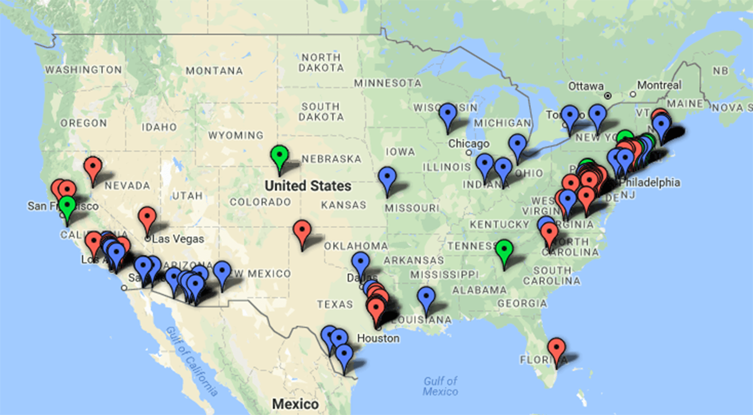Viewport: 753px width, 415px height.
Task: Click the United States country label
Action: pyautogui.click(x=308, y=186)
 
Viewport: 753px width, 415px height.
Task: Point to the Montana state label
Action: pyautogui.click(x=214, y=71)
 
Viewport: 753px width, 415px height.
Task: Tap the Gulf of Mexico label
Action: pyautogui.click(x=440, y=386)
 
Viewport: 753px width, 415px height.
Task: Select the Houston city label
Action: pyautogui.click(x=378, y=338)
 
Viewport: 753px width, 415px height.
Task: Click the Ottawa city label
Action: pyautogui.click(x=586, y=86)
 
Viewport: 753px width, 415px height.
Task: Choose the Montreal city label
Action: pyautogui.click(x=659, y=85)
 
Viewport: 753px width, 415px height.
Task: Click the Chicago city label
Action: pyautogui.click(x=469, y=144)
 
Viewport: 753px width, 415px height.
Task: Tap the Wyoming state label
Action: pyautogui.click(x=236, y=135)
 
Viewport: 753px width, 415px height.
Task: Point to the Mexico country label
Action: pyautogui.click(x=295, y=404)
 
